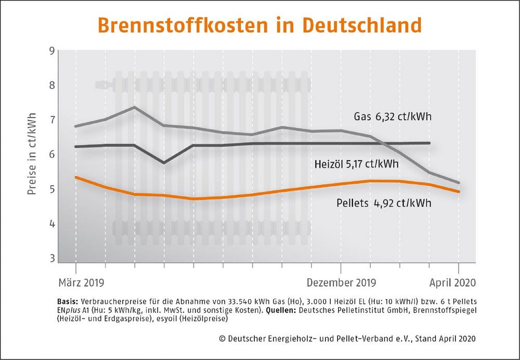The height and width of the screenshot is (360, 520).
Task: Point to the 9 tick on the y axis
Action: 51,51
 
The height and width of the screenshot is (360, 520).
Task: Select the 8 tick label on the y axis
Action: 51,85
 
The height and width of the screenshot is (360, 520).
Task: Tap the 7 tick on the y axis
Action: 51,120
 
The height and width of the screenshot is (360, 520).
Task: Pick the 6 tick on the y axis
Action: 51,155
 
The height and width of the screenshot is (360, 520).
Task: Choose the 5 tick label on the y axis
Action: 51,189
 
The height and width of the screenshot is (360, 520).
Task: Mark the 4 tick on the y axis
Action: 51,224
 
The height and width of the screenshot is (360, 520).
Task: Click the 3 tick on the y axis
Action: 51,259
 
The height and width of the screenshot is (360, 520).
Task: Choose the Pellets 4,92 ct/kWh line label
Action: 381,202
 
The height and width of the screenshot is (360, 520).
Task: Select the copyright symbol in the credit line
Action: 222,339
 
